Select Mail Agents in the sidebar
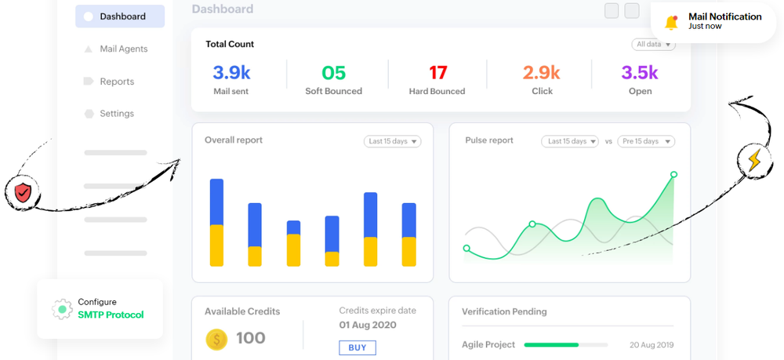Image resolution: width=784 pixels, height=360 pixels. click(x=123, y=49)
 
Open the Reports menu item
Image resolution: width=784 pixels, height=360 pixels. click(x=116, y=82)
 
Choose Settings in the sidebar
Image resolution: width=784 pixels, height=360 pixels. click(x=116, y=114)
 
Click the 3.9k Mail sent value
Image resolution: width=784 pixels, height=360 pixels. click(x=231, y=73)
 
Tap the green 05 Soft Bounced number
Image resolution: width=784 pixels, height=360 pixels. click(x=333, y=73)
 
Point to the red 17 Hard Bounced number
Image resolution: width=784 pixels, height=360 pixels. click(x=437, y=73)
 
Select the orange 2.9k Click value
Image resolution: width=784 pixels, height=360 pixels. click(x=542, y=73)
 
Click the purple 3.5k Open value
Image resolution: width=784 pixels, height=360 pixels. click(x=640, y=73)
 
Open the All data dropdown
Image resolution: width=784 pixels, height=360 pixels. click(x=654, y=45)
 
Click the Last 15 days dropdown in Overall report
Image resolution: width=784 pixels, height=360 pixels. click(x=392, y=141)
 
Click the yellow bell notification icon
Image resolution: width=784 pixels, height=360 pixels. click(x=671, y=22)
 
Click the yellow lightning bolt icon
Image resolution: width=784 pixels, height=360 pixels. click(x=753, y=160)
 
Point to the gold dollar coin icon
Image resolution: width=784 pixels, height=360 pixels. click(x=216, y=339)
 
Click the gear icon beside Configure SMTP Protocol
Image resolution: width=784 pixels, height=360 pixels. click(x=62, y=309)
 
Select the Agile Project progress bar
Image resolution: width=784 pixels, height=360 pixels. click(x=565, y=344)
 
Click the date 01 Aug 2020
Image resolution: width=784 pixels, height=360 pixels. click(x=368, y=325)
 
